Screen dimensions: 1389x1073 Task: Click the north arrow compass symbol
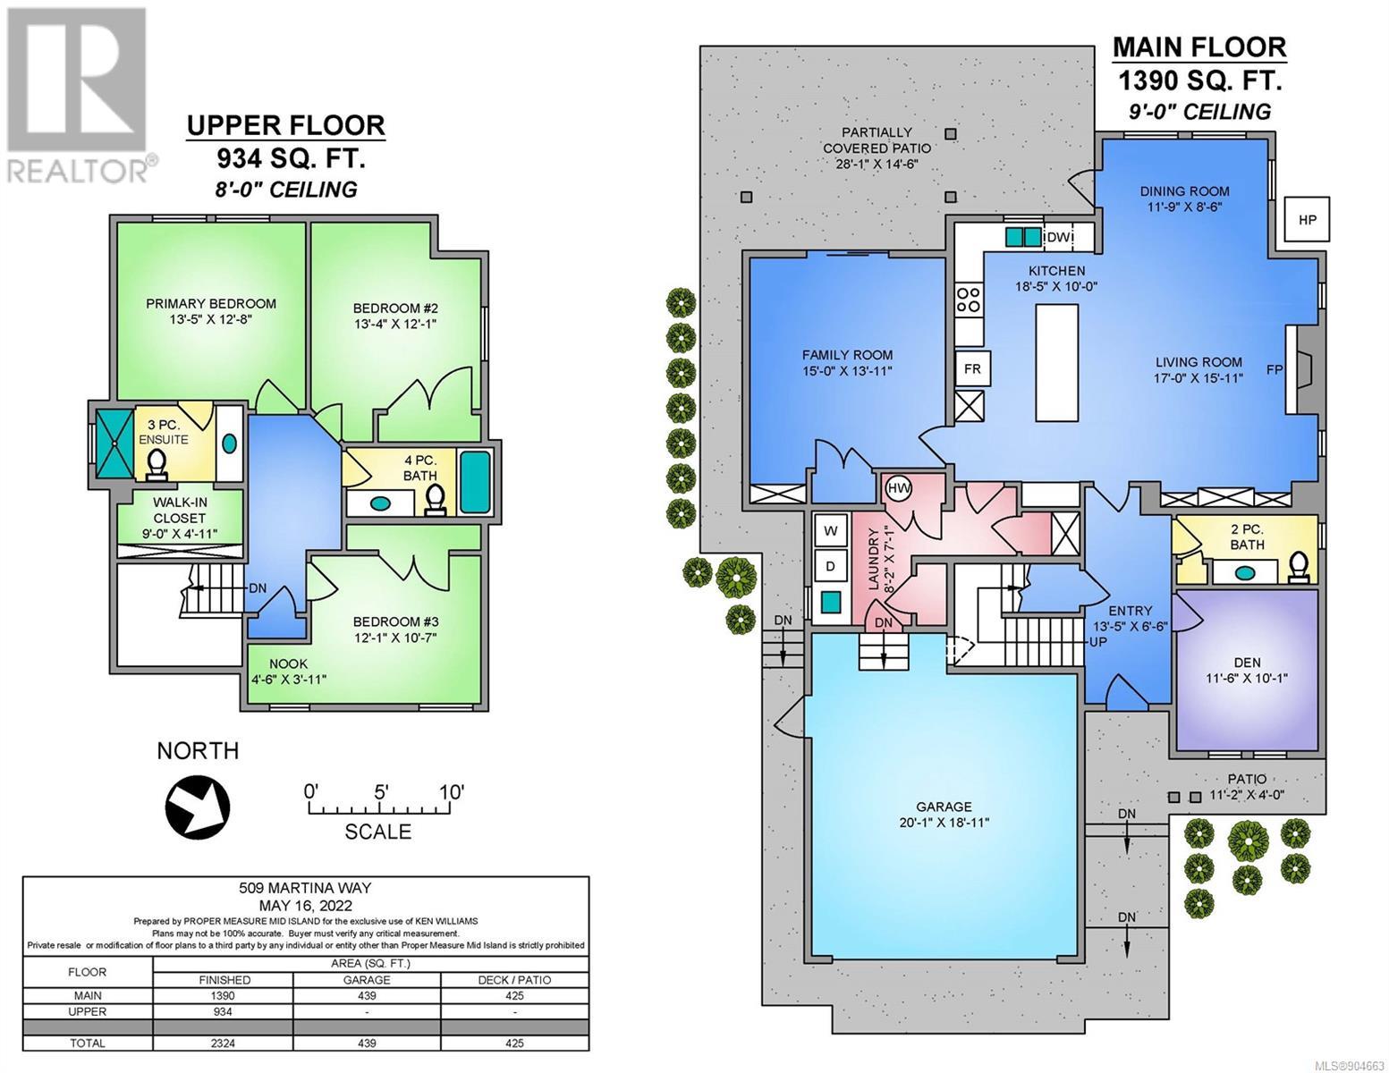click(198, 806)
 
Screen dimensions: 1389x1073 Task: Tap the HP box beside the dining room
click(1308, 219)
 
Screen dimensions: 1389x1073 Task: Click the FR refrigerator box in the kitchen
click(972, 368)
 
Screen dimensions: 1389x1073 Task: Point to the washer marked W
click(830, 530)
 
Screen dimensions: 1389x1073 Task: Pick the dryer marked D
click(830, 566)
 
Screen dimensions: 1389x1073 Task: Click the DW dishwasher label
click(1059, 237)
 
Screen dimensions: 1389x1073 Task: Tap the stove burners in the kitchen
click(969, 299)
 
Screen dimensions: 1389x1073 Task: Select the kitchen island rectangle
click(1056, 362)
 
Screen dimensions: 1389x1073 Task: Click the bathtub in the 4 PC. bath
click(475, 483)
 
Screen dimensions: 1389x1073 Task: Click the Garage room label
click(944, 807)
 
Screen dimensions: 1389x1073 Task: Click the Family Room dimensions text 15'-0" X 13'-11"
click(847, 371)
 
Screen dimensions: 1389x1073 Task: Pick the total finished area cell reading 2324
click(223, 1043)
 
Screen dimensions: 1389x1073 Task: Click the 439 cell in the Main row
click(367, 995)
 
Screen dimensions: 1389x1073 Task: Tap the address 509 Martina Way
click(305, 888)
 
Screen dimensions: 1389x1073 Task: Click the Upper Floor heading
click(285, 125)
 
